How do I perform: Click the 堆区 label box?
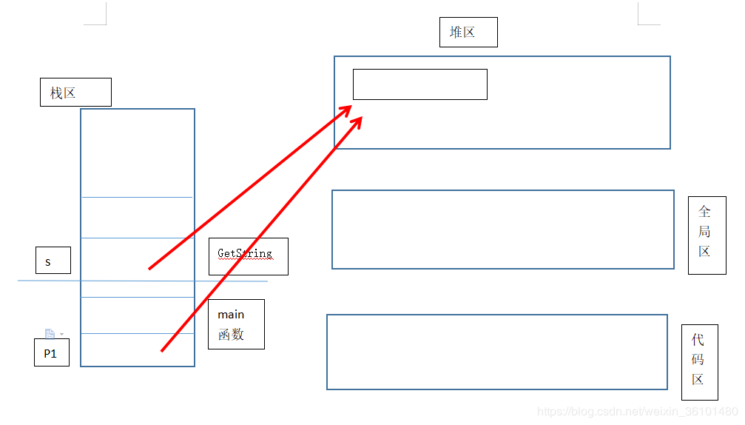pyautogui.click(x=468, y=33)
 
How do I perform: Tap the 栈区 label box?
pyautogui.click(x=75, y=93)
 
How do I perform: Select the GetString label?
pyautogui.click(x=248, y=256)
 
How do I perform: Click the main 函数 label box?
pyautogui.click(x=236, y=324)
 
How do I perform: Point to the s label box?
pyautogui.click(x=53, y=261)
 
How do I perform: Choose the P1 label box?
pyautogui.click(x=52, y=352)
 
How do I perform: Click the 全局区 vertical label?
pyautogui.click(x=707, y=235)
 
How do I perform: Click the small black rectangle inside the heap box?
pyautogui.click(x=419, y=84)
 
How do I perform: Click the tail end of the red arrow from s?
pyautogui.click(x=150, y=268)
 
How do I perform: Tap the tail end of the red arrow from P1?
pyautogui.click(x=162, y=349)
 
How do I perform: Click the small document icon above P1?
pyautogui.click(x=50, y=334)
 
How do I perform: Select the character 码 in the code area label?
pyautogui.click(x=698, y=360)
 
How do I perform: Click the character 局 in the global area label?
pyautogui.click(x=704, y=231)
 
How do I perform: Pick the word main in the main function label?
pyautogui.click(x=231, y=315)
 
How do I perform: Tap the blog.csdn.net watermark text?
pyautogui.click(x=636, y=411)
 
